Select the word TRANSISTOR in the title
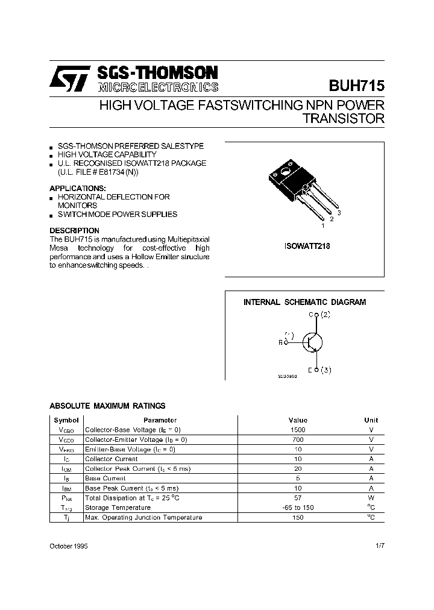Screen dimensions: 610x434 343,119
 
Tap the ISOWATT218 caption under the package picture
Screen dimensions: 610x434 307,246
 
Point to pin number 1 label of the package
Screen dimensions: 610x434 323,225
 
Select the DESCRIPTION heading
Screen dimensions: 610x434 74,231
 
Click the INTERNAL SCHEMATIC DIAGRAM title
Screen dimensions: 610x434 304,303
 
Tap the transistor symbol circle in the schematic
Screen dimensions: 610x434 312,342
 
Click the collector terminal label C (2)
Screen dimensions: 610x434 319,315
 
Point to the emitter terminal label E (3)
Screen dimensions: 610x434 319,369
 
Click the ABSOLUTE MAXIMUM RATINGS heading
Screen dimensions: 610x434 107,406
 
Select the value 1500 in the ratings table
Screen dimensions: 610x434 298,430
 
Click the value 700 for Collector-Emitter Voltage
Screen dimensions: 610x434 298,439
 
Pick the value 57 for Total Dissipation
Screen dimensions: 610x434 298,498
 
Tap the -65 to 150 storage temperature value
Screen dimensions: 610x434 298,508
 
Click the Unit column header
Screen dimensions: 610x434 371,420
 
